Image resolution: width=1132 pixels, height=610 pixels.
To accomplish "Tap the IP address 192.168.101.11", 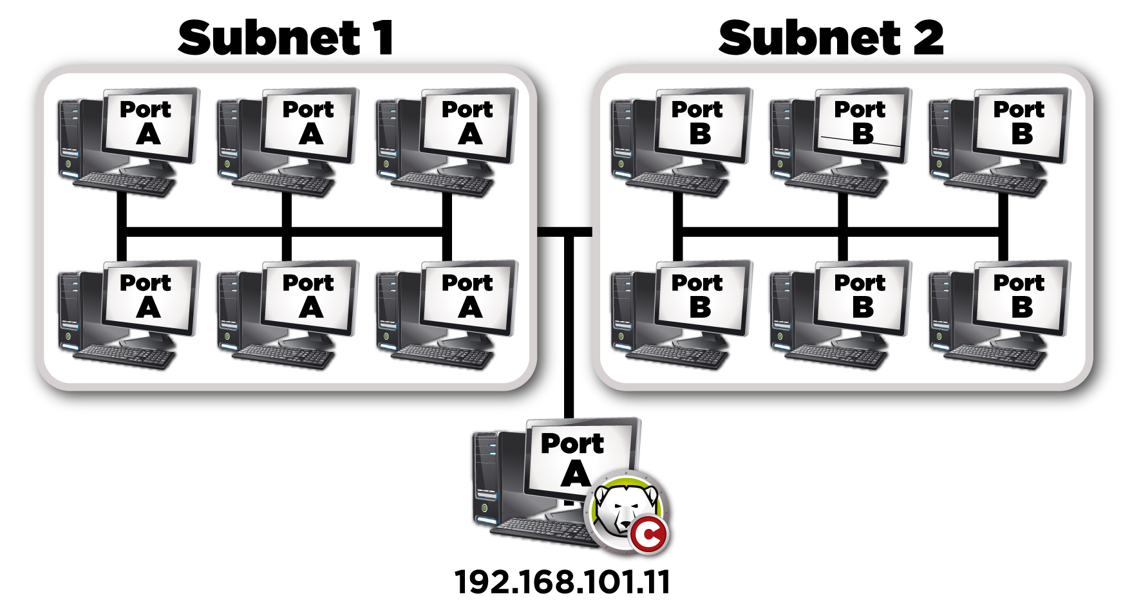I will tap(562, 582).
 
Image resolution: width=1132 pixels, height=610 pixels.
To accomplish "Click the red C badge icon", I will tap(648, 535).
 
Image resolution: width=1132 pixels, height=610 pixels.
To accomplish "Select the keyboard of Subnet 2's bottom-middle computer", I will tap(836, 356).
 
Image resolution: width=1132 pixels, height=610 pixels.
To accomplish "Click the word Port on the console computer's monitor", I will tap(572, 443).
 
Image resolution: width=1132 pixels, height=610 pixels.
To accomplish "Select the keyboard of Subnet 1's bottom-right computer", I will tap(442, 356).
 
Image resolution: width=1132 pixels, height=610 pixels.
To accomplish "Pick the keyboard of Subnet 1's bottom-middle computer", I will tap(283, 356).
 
